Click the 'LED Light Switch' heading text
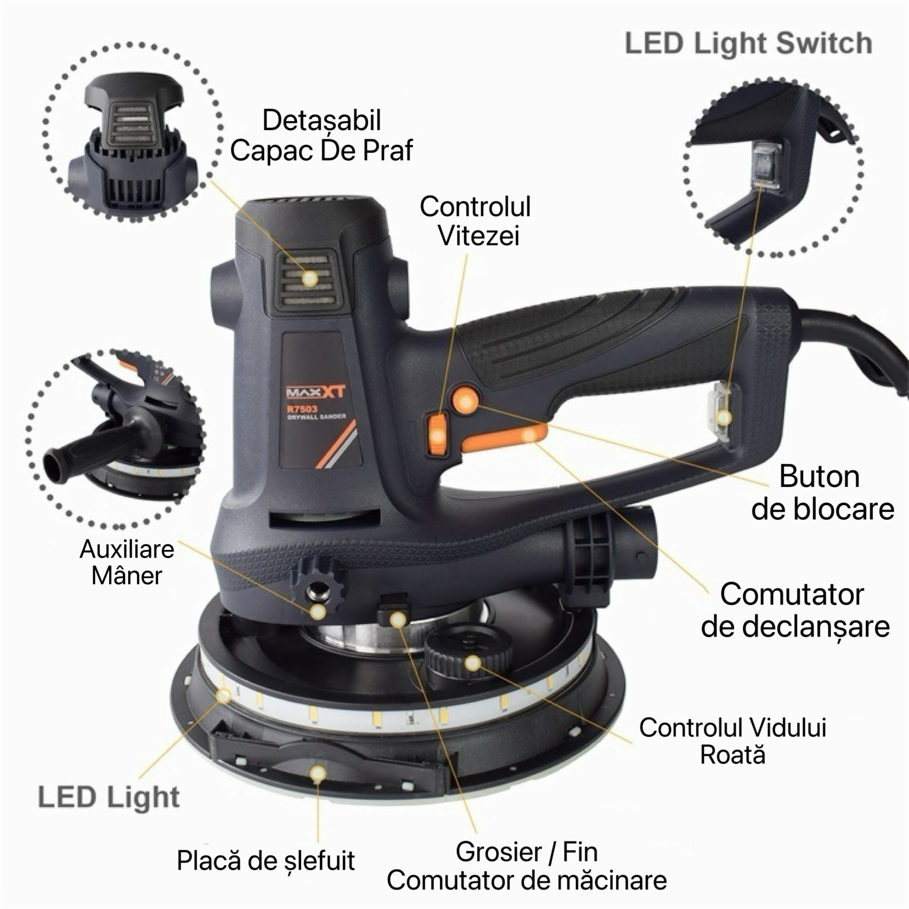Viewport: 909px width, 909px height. pyautogui.click(x=748, y=43)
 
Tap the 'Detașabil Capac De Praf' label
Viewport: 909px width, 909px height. pyautogui.click(x=321, y=135)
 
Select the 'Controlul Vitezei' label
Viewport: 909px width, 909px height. pyautogui.click(x=475, y=221)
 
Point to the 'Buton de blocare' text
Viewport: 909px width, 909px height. pyautogui.click(x=822, y=493)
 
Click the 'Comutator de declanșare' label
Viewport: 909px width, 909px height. pyautogui.click(x=795, y=610)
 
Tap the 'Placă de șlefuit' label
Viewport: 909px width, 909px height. pyautogui.click(x=266, y=861)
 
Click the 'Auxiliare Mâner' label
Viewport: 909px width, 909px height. pyautogui.click(x=127, y=562)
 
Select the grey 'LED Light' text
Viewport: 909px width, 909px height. pyautogui.click(x=109, y=797)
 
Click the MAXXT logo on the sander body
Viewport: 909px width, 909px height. pyautogui.click(x=316, y=391)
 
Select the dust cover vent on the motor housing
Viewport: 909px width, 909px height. pyautogui.click(x=308, y=279)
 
